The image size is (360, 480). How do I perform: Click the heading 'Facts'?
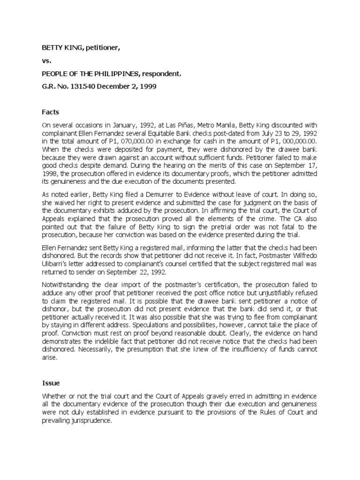(51, 112)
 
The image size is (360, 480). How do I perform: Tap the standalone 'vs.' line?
(46, 61)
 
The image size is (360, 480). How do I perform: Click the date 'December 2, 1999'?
(128, 87)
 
